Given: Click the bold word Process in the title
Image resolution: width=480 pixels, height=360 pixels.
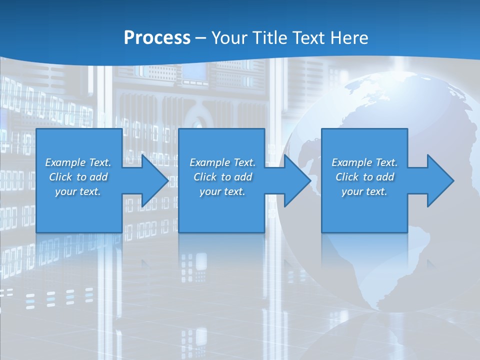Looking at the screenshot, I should [x=157, y=37].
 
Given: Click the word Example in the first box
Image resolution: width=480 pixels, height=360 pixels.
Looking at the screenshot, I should [x=65, y=162].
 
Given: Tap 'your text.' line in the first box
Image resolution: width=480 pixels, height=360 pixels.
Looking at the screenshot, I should [x=78, y=191].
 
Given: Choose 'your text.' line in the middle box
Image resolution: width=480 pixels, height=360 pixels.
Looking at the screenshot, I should [x=222, y=191].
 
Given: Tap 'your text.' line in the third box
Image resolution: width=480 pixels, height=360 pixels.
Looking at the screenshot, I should [x=364, y=191].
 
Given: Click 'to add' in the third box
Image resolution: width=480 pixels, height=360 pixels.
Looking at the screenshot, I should [x=379, y=177].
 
